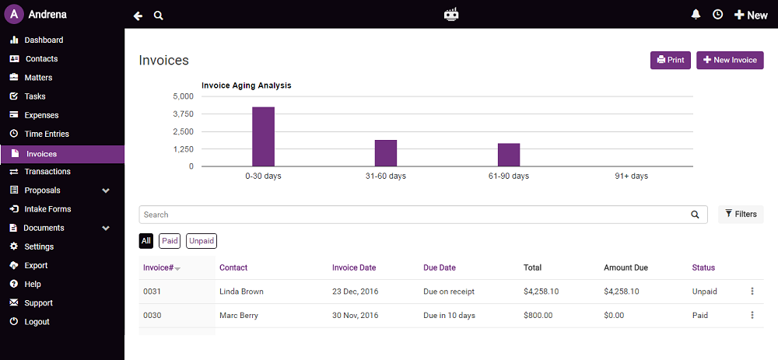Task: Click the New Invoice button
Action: click(730, 60)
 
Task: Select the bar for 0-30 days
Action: click(263, 137)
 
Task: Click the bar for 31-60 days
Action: click(386, 153)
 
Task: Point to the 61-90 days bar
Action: click(509, 155)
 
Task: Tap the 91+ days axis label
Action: click(631, 177)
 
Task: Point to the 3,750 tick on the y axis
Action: click(183, 114)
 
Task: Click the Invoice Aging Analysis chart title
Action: click(246, 86)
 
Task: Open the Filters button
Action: click(741, 214)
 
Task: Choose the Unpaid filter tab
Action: click(202, 241)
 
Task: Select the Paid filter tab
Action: click(170, 241)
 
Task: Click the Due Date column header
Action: click(440, 267)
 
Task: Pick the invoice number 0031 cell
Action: click(152, 292)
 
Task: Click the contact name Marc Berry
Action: click(238, 316)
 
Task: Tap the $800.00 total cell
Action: click(538, 316)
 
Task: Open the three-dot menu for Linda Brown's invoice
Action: click(752, 292)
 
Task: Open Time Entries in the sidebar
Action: click(47, 134)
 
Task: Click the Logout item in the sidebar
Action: click(37, 322)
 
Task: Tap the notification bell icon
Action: click(696, 15)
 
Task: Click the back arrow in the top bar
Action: click(138, 16)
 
